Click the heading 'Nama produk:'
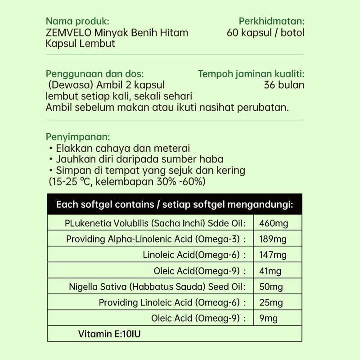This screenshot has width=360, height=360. (x=77, y=21)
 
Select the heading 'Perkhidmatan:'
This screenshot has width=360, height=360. (x=271, y=21)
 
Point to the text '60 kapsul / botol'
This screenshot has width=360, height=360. (x=266, y=32)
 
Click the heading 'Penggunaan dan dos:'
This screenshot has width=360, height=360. (x=95, y=74)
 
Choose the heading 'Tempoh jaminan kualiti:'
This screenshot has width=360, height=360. (x=251, y=74)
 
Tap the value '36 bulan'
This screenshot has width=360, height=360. (x=284, y=85)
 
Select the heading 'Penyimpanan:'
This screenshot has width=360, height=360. (x=78, y=137)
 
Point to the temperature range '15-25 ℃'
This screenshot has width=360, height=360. (x=71, y=182)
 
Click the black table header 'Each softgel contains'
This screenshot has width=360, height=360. (x=174, y=205)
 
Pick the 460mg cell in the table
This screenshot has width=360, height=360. (x=274, y=224)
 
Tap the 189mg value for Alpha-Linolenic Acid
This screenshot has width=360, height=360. (x=273, y=239)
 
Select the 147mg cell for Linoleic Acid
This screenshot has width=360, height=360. (x=273, y=255)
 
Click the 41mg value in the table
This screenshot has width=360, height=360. (x=270, y=271)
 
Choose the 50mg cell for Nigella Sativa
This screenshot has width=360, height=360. (x=271, y=287)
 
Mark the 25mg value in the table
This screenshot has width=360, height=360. (x=271, y=302)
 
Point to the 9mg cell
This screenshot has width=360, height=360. (x=268, y=319)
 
